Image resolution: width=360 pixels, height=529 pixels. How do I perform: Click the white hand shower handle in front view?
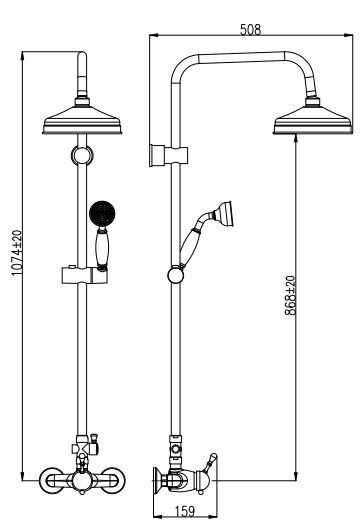[100, 247]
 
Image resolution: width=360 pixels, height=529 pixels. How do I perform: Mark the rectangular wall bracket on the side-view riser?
[158, 154]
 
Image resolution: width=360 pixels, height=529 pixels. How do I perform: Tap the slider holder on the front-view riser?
[80, 272]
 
